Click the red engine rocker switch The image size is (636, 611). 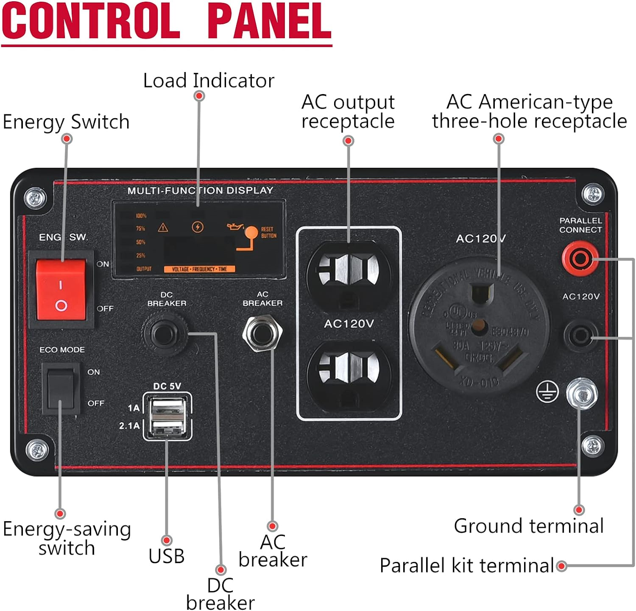[x=61, y=291]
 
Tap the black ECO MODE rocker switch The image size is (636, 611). [x=61, y=388]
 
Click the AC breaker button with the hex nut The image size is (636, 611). [x=262, y=333]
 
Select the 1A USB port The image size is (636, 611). [x=168, y=408]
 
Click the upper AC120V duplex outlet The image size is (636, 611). [x=349, y=272]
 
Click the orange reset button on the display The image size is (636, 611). [x=251, y=233]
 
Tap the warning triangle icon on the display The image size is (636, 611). [x=163, y=228]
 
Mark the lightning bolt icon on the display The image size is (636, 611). [x=197, y=227]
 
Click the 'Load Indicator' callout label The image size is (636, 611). [x=209, y=81]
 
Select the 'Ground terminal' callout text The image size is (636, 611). [x=528, y=526]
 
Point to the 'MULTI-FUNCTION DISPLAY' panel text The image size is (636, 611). [x=200, y=191]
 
